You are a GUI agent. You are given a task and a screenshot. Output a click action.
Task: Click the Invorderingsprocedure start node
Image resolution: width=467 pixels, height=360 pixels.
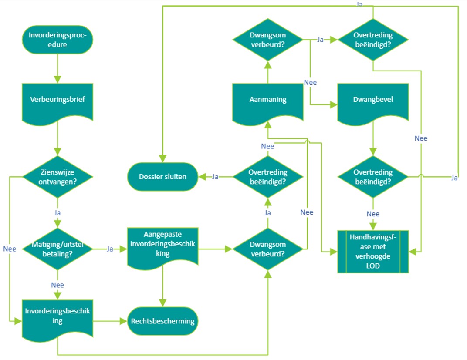(x=57, y=40)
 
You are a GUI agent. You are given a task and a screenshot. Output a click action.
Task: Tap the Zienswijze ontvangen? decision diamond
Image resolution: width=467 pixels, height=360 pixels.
(x=57, y=177)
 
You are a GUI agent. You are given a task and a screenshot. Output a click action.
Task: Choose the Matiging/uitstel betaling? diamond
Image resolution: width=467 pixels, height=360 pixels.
(x=57, y=249)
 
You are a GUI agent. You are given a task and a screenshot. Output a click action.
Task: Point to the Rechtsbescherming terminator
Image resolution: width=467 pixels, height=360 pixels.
(x=162, y=321)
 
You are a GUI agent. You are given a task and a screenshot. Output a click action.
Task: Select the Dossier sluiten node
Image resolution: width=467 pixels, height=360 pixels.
(x=162, y=177)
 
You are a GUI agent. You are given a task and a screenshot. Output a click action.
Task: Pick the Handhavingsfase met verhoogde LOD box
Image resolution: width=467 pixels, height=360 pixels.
(x=373, y=251)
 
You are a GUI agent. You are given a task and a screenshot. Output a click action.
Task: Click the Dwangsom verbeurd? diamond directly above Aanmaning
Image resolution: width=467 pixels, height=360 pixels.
(x=268, y=40)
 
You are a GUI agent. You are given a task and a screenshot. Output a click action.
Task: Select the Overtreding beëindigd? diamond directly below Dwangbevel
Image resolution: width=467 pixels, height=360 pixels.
(x=373, y=177)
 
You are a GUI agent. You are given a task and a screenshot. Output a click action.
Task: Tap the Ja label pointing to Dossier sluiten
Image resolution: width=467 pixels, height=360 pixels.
(x=215, y=177)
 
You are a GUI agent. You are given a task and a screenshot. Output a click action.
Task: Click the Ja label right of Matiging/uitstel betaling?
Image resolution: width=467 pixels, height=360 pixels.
(x=110, y=249)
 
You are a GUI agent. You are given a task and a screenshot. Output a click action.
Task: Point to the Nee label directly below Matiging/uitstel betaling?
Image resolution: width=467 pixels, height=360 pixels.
(x=57, y=285)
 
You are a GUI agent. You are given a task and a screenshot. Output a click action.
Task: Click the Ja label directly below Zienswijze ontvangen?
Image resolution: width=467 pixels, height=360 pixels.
(x=57, y=213)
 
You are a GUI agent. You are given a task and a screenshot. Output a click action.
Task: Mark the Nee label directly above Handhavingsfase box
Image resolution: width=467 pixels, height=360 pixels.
(x=373, y=214)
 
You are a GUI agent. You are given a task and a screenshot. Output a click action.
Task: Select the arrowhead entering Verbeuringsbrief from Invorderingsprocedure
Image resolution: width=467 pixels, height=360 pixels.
(x=57, y=80)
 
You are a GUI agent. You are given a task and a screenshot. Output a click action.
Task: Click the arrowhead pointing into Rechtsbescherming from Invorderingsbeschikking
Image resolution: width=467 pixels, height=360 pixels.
(x=124, y=321)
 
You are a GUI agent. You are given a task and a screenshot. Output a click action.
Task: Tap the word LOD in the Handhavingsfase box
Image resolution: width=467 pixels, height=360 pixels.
(x=373, y=266)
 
